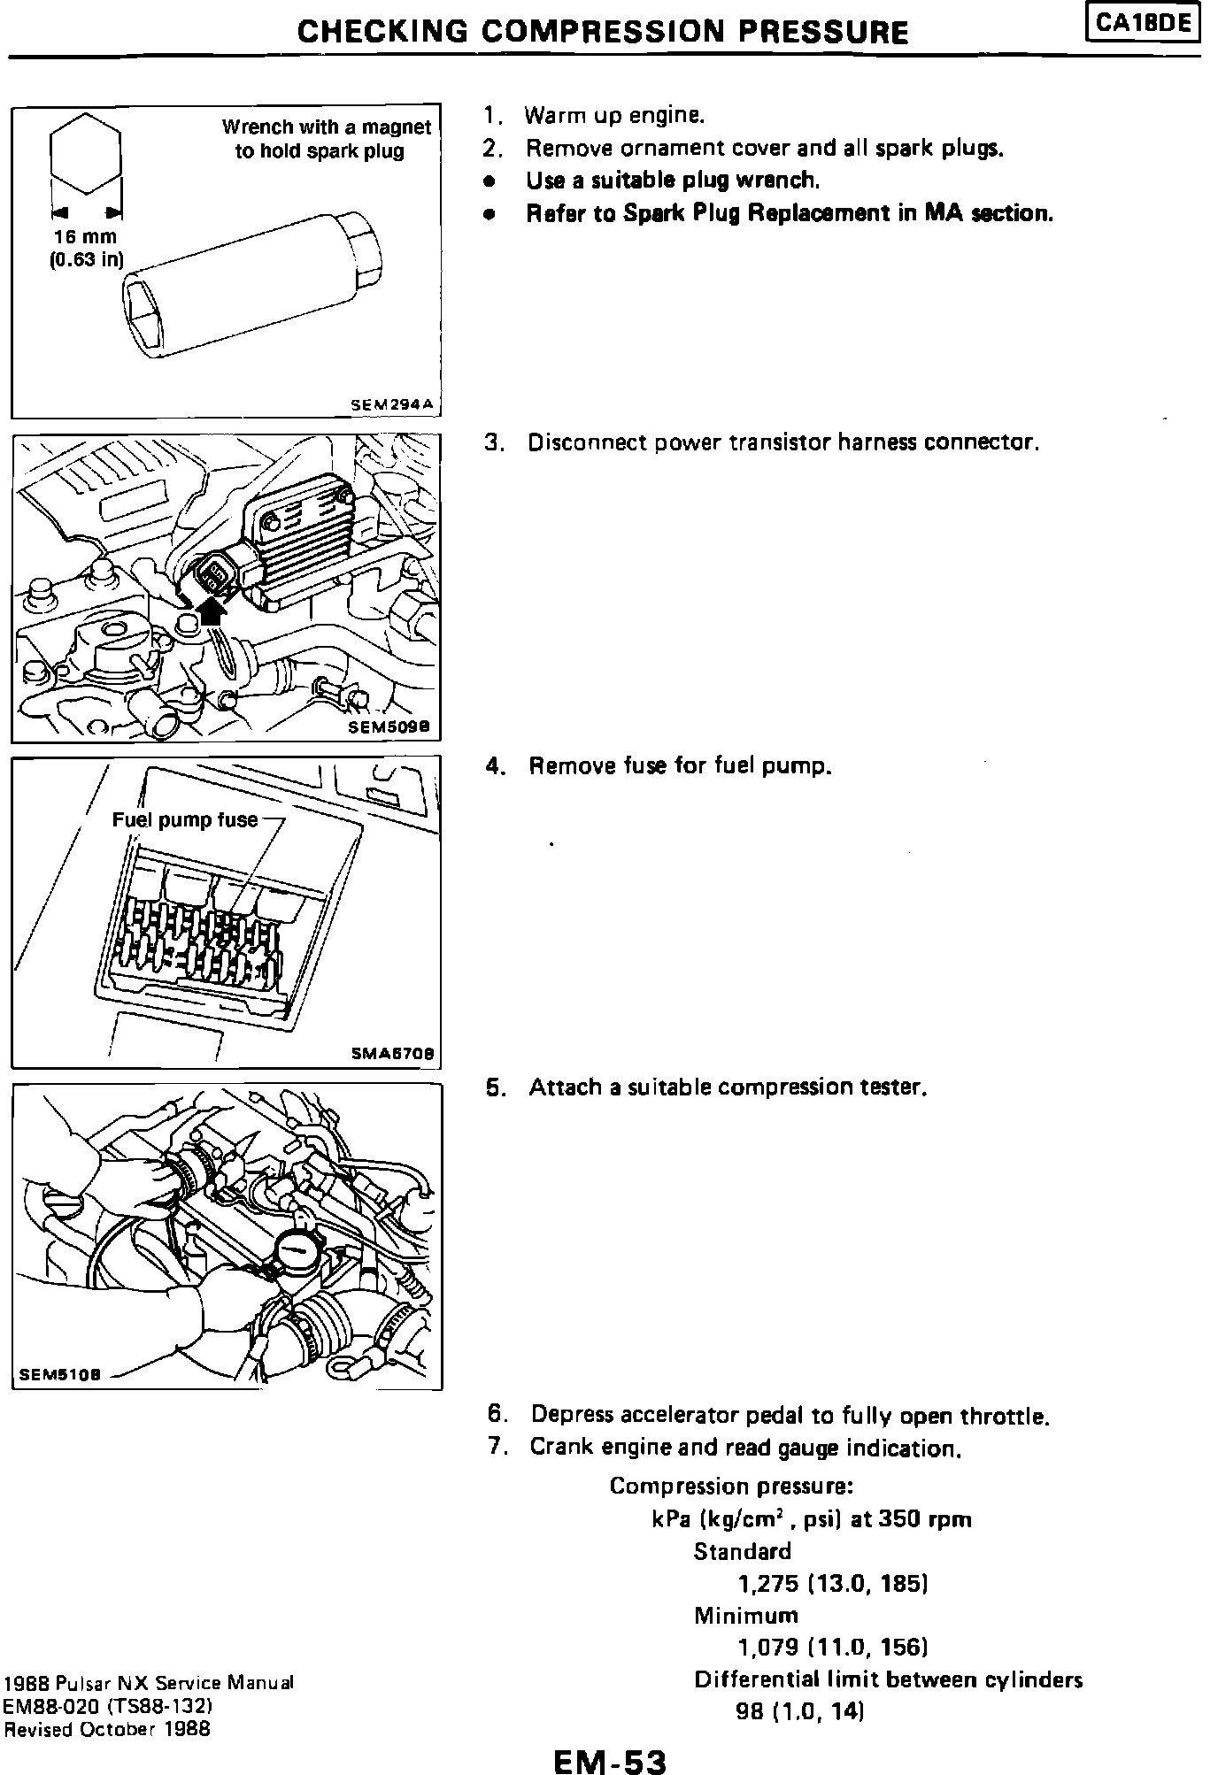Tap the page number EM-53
[x=609, y=1756]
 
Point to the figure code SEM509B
[x=390, y=726]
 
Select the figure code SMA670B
[x=392, y=1054]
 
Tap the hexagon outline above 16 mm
[x=85, y=154]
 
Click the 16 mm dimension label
[x=85, y=237]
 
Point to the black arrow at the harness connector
[x=211, y=609]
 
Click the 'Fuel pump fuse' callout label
[x=184, y=820]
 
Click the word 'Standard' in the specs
[x=742, y=1551]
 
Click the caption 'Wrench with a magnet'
[x=326, y=127]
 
